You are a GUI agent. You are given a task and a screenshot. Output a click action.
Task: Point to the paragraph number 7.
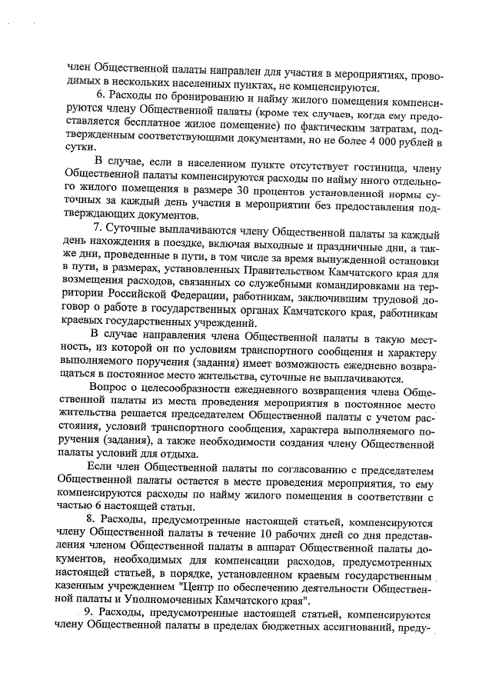(x=98, y=228)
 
